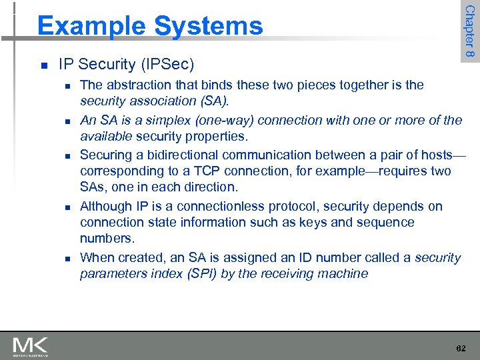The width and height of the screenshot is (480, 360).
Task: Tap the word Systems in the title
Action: tap(208, 26)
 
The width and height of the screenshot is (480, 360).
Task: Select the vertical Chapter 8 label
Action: tap(470, 31)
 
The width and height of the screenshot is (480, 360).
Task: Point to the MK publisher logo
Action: tap(31, 346)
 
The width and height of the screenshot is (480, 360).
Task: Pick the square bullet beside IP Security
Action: tap(43, 65)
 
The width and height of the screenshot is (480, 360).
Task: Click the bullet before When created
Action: tap(67, 258)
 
